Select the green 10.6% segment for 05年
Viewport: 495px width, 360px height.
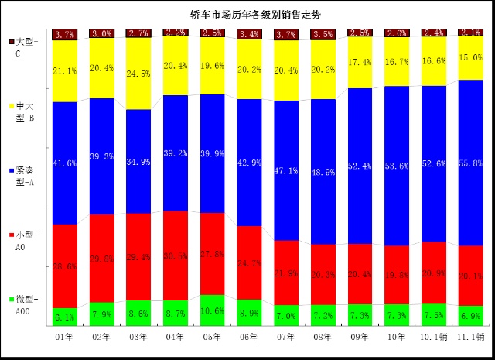pos(212,310)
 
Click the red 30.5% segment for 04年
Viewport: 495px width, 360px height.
pos(176,255)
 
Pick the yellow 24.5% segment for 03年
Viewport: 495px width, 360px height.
pos(138,74)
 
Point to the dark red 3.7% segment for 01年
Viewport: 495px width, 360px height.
pos(64,34)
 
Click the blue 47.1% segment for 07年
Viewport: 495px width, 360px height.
pos(286,170)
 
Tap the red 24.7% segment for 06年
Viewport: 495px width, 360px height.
pos(249,262)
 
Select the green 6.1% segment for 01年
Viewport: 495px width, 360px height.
pos(64,317)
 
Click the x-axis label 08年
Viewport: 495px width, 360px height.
pos(322,337)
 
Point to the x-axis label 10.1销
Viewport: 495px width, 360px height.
pos(433,337)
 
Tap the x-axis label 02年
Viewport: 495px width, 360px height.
pos(101,337)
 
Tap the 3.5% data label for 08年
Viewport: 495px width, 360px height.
pos(323,35)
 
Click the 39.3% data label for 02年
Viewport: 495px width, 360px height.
pos(101,156)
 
